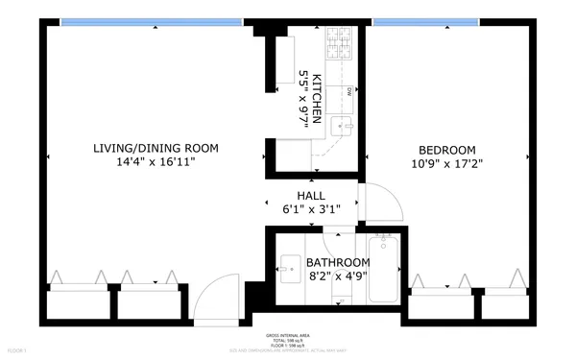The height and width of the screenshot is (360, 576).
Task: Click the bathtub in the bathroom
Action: [x=383, y=268]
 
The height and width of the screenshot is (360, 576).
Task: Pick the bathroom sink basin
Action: [x=289, y=266]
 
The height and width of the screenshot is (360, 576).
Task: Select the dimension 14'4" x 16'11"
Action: [x=156, y=163]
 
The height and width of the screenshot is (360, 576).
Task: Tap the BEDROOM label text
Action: [x=446, y=149]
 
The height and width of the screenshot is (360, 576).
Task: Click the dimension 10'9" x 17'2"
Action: [x=446, y=163]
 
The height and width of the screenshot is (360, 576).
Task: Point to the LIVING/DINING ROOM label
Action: [x=156, y=148]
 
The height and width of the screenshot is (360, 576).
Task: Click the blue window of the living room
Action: [x=151, y=21]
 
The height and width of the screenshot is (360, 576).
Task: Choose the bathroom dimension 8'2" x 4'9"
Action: [x=338, y=277]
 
